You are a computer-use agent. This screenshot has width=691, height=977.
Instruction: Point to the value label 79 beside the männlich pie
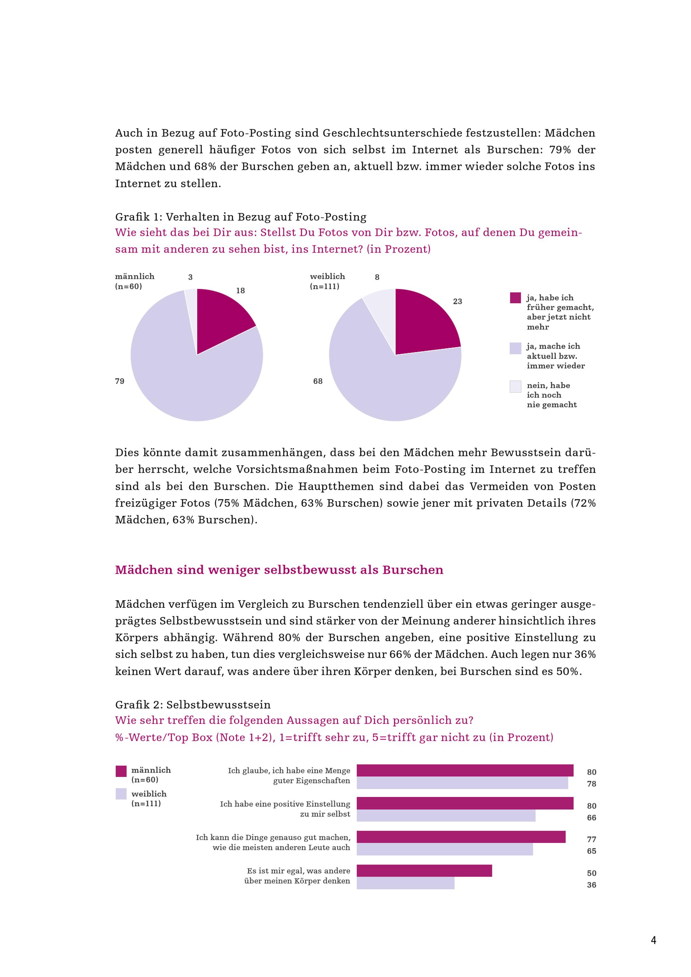(x=120, y=381)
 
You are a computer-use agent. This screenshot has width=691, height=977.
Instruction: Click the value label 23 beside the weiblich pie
(x=457, y=302)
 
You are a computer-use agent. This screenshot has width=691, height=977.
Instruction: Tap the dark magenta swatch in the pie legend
(x=515, y=298)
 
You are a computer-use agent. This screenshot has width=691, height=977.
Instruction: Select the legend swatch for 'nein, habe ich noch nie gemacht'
(x=515, y=386)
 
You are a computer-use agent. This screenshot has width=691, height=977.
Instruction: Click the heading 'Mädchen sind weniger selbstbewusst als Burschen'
(x=279, y=570)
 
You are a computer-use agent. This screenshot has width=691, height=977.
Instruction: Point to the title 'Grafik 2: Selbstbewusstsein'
(x=193, y=705)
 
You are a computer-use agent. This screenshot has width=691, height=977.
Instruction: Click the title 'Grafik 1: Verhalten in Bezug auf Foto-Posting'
(x=241, y=217)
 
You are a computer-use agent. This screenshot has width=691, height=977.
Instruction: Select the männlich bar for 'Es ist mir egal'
(x=424, y=871)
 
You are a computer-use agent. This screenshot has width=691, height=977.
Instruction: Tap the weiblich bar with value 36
(x=406, y=883)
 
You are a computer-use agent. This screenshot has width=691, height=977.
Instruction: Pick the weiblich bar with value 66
(x=446, y=816)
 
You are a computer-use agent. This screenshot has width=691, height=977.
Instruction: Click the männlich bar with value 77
(x=461, y=837)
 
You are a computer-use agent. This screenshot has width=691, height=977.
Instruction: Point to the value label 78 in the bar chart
(x=591, y=784)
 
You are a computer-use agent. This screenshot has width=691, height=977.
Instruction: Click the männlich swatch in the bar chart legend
(x=121, y=771)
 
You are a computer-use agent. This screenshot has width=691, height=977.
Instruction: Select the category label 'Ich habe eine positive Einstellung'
(x=285, y=804)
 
